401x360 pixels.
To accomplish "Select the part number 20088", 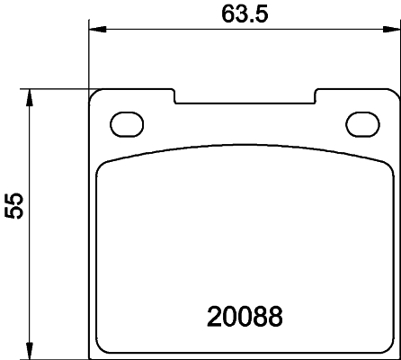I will pyautogui.click(x=245, y=317).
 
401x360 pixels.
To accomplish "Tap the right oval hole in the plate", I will pyautogui.click(x=363, y=121).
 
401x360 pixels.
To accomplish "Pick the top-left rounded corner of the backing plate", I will pyautogui.click(x=95, y=94).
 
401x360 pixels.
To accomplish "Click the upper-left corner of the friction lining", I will pyautogui.click(x=102, y=164).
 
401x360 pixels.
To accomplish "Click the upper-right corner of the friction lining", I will pyautogui.click(x=386, y=164).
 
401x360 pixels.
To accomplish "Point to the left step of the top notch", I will pyautogui.click(x=174, y=95).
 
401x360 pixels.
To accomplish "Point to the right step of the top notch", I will pyautogui.click(x=314, y=95).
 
